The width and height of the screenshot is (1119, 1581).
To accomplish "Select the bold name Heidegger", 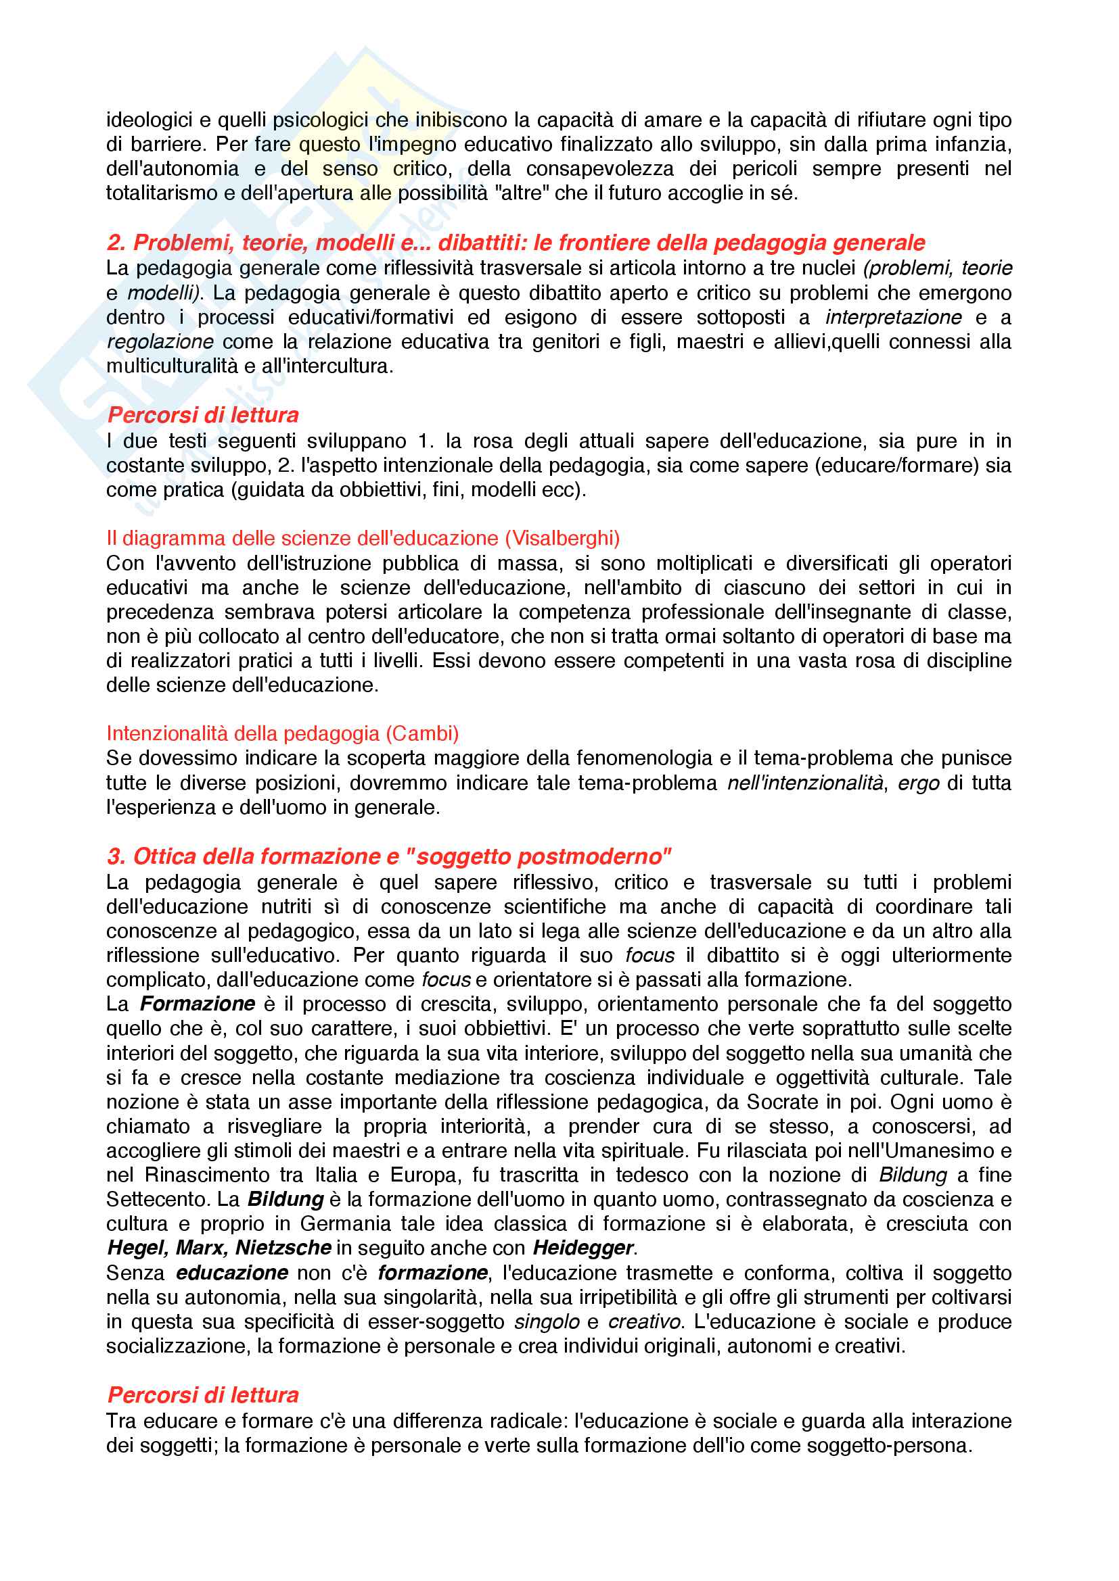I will point(583,1247).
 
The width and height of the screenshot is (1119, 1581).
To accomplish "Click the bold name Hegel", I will point(137,1247).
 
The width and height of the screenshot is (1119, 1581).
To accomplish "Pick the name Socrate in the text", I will point(782,1101).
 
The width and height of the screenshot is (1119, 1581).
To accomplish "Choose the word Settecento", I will point(157,1199).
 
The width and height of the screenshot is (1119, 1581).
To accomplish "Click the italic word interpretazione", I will point(893,317).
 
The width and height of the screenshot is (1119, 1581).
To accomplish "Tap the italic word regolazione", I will point(160,341).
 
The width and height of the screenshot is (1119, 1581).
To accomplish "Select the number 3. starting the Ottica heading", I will point(116,856).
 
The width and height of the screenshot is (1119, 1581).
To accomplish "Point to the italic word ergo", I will point(919,782).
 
